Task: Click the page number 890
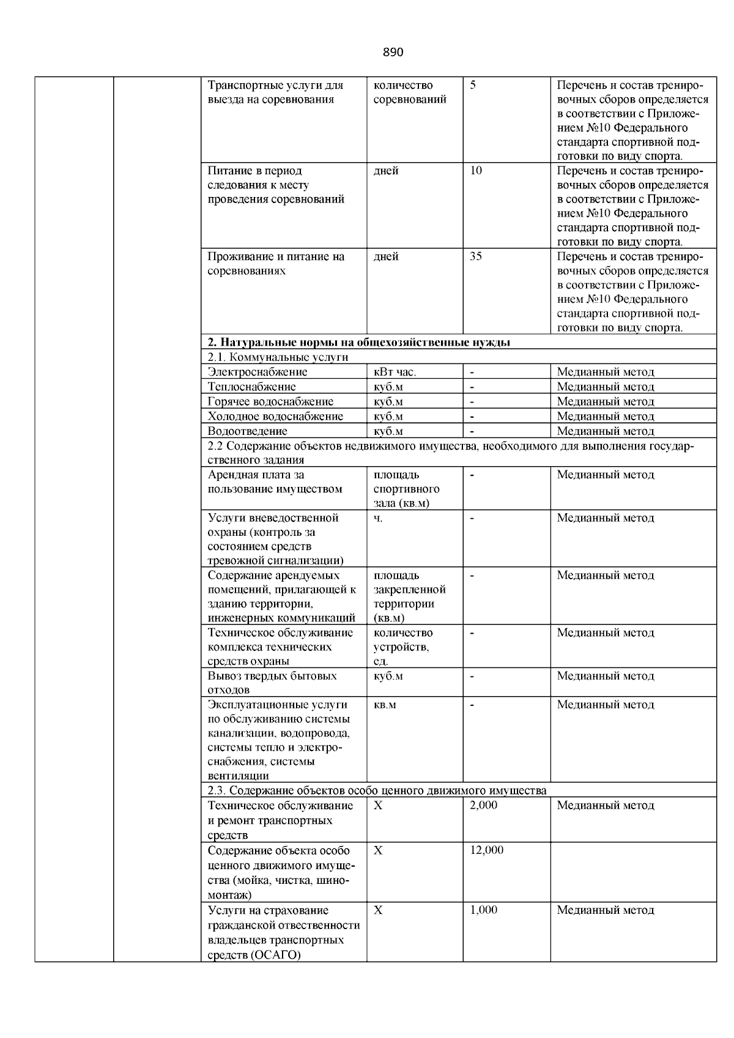[x=393, y=53]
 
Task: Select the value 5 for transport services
[x=473, y=86]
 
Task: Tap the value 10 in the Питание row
[x=476, y=171]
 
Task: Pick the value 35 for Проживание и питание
[x=476, y=257]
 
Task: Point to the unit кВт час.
[x=395, y=372]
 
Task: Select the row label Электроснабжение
[x=258, y=372]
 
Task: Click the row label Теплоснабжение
[x=251, y=387]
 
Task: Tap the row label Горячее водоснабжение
[x=270, y=402]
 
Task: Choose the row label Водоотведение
[x=247, y=431]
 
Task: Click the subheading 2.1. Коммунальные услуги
[x=278, y=357]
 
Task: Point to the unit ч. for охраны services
[x=378, y=518]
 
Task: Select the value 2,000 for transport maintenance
[x=483, y=806]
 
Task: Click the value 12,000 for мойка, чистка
[x=486, y=851]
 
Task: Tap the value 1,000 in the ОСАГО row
[x=483, y=910]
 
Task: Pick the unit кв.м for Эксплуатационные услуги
[x=385, y=705]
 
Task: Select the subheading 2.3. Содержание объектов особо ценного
[x=377, y=791]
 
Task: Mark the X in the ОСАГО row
[x=378, y=910]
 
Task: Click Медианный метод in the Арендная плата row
[x=605, y=475]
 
